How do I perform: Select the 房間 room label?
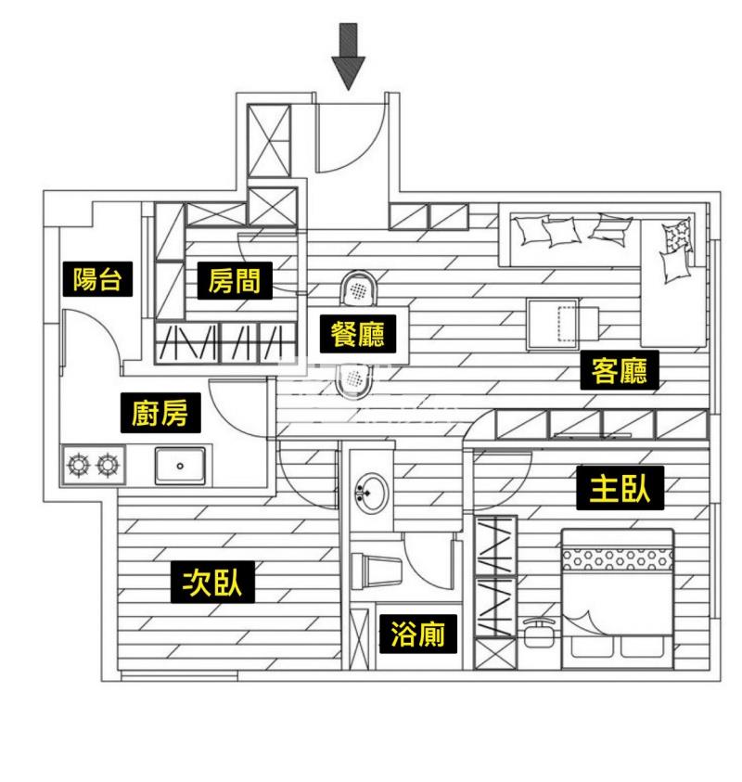234,280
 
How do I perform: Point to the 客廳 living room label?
619,371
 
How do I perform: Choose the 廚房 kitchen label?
160,413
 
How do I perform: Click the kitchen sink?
181,464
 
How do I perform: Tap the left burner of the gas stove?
77,463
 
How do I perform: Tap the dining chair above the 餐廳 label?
357,288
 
